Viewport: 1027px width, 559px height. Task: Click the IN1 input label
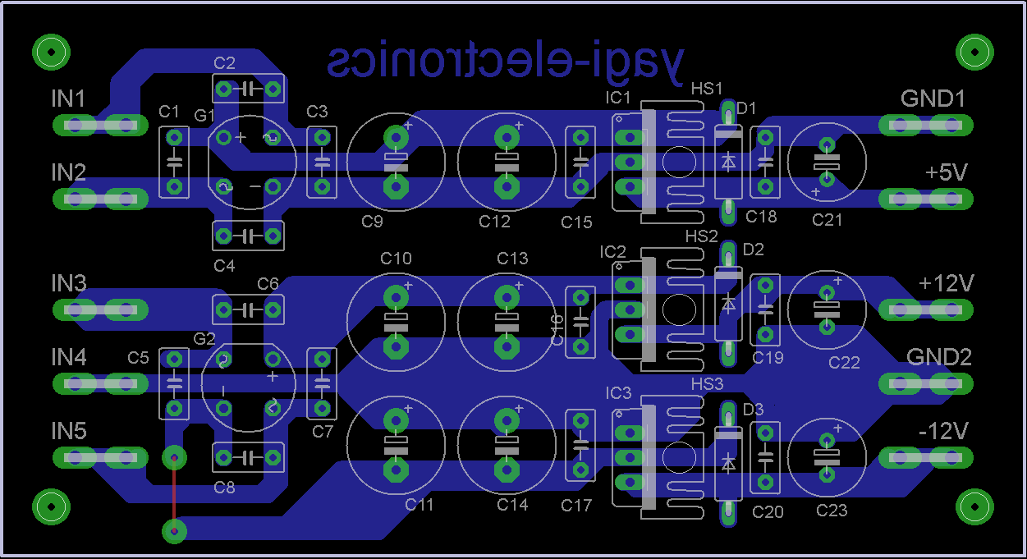pos(68,99)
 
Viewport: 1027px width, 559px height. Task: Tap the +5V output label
pos(946,173)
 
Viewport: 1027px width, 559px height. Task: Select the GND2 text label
pos(938,357)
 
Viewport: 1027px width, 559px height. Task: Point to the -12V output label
pos(944,431)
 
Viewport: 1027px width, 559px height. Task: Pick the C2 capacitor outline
pos(248,89)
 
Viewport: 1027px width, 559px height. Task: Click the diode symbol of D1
pos(727,162)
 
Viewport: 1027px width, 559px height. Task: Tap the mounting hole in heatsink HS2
pos(678,309)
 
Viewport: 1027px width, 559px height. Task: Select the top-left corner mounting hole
pos(50,52)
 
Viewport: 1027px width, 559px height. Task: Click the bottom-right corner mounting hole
pos(975,506)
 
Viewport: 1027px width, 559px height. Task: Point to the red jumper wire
pos(173,494)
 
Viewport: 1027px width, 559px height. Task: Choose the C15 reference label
pos(576,222)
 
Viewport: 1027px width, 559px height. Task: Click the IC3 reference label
pos(618,394)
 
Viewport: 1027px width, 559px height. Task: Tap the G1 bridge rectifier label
pos(204,115)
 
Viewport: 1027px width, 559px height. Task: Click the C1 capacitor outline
pos(173,162)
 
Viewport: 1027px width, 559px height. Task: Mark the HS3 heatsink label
pos(707,384)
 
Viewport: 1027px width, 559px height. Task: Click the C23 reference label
pos(832,511)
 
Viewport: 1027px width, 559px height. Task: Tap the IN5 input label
pos(68,431)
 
